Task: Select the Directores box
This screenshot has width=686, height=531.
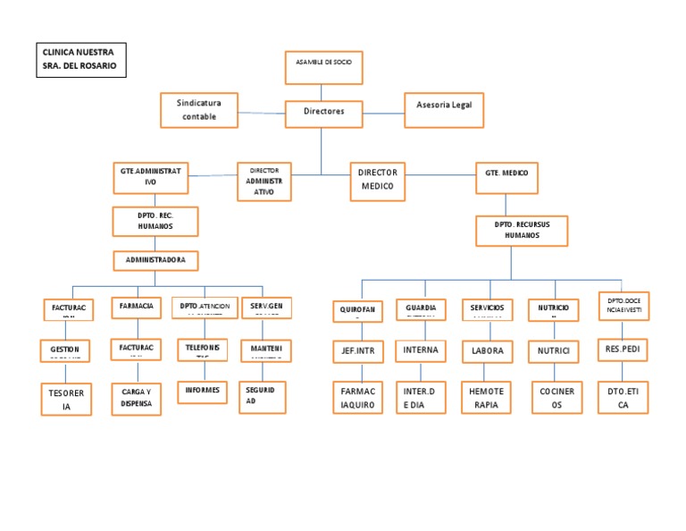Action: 323,114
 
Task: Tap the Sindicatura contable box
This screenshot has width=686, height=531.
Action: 199,109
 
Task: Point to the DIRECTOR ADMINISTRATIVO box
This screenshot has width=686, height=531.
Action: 264,181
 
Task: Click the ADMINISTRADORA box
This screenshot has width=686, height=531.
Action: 155,261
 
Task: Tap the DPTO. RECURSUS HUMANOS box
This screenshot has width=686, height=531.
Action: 509,231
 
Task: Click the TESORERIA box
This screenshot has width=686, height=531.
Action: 65,399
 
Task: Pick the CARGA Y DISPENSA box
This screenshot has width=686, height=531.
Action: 137,397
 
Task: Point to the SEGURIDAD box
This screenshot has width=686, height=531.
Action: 264,397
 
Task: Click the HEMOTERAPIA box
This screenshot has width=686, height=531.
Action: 487,398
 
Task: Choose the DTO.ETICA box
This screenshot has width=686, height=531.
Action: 623,398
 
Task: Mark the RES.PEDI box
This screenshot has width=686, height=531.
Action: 623,350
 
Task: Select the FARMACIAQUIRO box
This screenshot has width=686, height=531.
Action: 357,398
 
